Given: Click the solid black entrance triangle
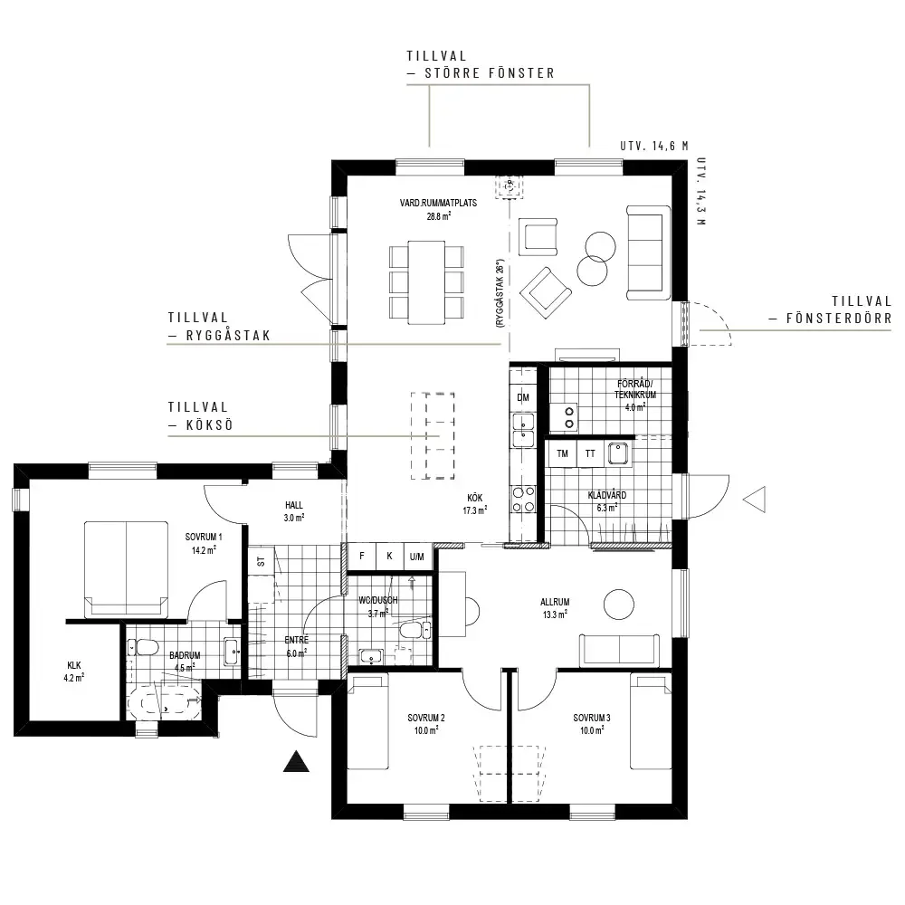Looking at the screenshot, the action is (296, 763).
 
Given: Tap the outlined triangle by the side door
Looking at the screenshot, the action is (756, 500).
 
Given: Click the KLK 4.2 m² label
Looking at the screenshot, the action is (74, 672).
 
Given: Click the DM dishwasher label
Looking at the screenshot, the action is (523, 397).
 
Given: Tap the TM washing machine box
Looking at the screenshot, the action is (562, 453).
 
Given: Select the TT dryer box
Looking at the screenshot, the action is (590, 453).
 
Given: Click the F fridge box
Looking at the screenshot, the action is (362, 557).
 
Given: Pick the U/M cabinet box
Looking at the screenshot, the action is (417, 557).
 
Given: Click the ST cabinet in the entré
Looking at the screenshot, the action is (261, 560).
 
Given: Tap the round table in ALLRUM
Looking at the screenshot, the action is (619, 605).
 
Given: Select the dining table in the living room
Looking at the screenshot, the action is (426, 282).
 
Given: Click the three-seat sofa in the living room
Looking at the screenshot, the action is (649, 252).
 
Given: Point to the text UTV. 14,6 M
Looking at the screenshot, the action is (654, 146).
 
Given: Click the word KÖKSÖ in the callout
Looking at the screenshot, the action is (210, 425).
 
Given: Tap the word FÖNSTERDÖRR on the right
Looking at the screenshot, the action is (839, 318).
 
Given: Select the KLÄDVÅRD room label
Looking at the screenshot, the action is (607, 495).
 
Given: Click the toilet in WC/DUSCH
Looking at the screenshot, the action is (414, 630).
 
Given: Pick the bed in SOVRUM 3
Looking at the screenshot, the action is (651, 721).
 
